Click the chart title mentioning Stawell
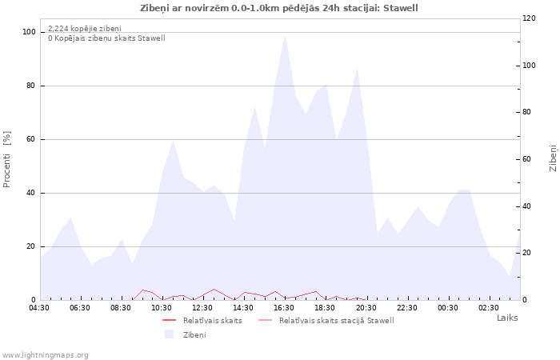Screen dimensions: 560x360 (x=278, y=8)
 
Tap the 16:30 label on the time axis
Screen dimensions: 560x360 (x=284, y=308)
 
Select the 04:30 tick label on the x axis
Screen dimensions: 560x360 (x=39, y=308)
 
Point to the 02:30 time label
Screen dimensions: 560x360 (x=489, y=308)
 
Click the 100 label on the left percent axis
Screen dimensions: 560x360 (x=30, y=32)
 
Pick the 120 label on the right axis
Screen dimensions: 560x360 (x=529, y=18)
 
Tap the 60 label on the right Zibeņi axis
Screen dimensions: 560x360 (x=526, y=159)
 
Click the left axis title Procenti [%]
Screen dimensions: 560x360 (x=6, y=159)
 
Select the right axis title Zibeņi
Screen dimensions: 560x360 (x=553, y=158)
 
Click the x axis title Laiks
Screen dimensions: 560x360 (x=507, y=318)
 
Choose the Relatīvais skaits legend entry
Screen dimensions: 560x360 (x=202, y=320)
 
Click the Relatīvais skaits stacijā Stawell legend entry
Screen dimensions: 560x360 (x=326, y=320)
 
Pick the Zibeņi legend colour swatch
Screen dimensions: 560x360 (x=169, y=334)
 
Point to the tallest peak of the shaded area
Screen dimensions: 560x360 (x=285, y=35)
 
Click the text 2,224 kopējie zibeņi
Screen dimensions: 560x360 (x=85, y=29)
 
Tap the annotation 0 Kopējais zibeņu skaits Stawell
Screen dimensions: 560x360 (x=106, y=38)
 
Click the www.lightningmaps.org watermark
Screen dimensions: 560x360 (x=45, y=355)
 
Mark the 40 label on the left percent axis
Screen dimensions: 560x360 (x=31, y=194)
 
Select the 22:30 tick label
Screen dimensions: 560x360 (x=406, y=308)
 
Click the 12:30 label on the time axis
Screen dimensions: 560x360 (x=202, y=308)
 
